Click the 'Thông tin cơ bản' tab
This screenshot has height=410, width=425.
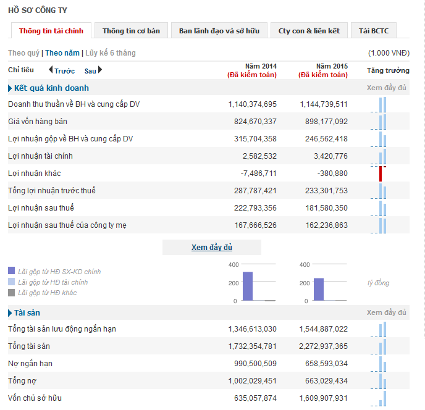[x=131, y=31]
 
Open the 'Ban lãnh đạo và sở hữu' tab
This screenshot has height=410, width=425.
[x=219, y=31]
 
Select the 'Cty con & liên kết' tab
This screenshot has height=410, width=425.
[x=308, y=31]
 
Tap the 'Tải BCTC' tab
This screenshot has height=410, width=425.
[x=373, y=31]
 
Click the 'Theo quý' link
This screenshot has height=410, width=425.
[x=23, y=53]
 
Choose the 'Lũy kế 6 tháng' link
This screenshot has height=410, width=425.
[x=109, y=53]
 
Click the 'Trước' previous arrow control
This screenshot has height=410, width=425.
[x=61, y=70]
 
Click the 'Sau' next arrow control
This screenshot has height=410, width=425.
[x=93, y=70]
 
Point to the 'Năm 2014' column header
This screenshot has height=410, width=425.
[x=261, y=66]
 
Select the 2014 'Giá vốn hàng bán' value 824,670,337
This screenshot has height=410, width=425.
[x=252, y=122]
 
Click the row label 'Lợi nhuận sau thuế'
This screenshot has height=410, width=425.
[x=41, y=208]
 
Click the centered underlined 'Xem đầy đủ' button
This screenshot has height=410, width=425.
[x=211, y=248]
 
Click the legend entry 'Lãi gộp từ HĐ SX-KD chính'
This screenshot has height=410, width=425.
[x=59, y=272]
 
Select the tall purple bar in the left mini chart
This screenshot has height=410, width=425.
[x=248, y=286]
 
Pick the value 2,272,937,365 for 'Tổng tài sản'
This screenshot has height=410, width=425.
[x=322, y=346]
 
